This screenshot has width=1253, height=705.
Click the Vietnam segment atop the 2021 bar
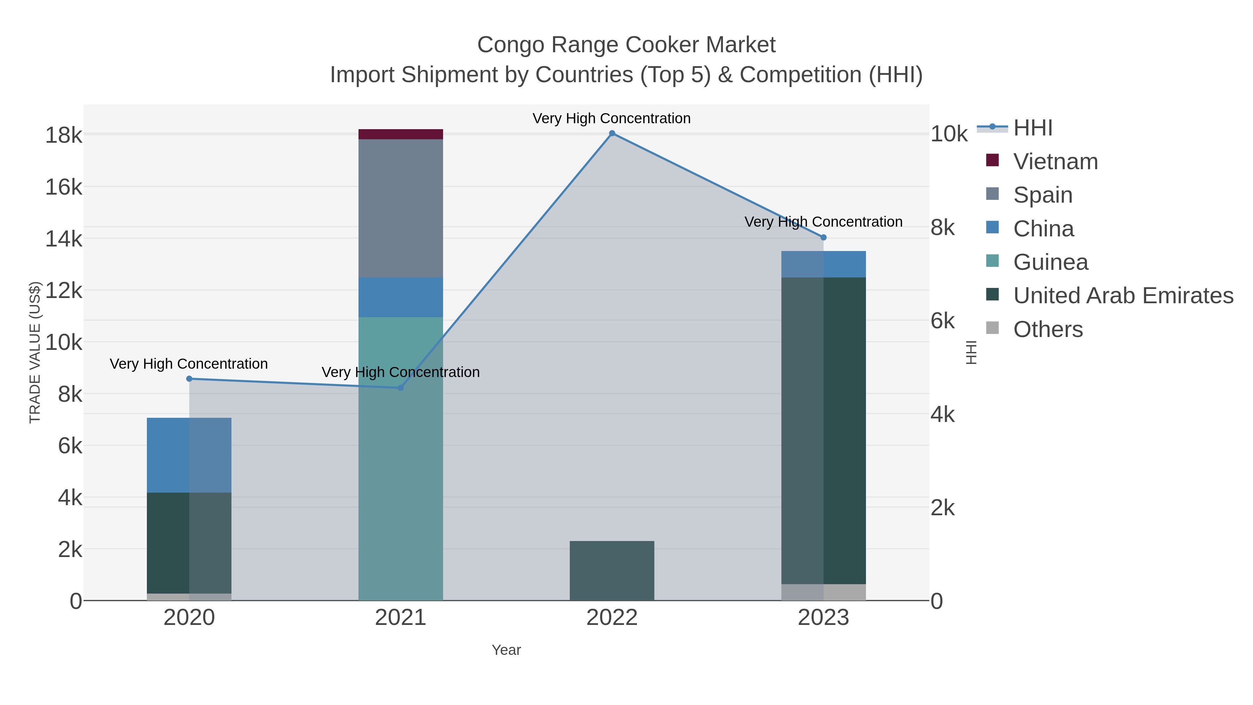(400, 134)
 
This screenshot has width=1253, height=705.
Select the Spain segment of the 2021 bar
(400, 208)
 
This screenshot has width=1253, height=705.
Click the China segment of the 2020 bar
(189, 455)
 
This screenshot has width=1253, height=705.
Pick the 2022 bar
(612, 570)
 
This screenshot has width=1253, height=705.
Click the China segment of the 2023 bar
(823, 264)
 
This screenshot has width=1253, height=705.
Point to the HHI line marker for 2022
(612, 133)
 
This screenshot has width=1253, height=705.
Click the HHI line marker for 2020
(189, 378)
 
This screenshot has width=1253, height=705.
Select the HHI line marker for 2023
(823, 237)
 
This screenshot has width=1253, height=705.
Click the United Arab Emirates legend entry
(1122, 295)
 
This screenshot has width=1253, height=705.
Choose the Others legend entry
(1047, 329)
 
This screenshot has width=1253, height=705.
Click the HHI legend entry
(1032, 128)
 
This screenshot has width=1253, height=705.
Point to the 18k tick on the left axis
(64, 135)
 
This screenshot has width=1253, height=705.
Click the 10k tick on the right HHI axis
(948, 134)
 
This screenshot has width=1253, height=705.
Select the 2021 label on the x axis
(400, 617)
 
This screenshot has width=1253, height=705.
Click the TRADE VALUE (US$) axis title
(35, 352)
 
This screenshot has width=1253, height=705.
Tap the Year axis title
(506, 650)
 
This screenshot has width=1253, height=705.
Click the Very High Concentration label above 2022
(612, 118)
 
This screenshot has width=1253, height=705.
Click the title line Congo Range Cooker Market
(626, 45)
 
